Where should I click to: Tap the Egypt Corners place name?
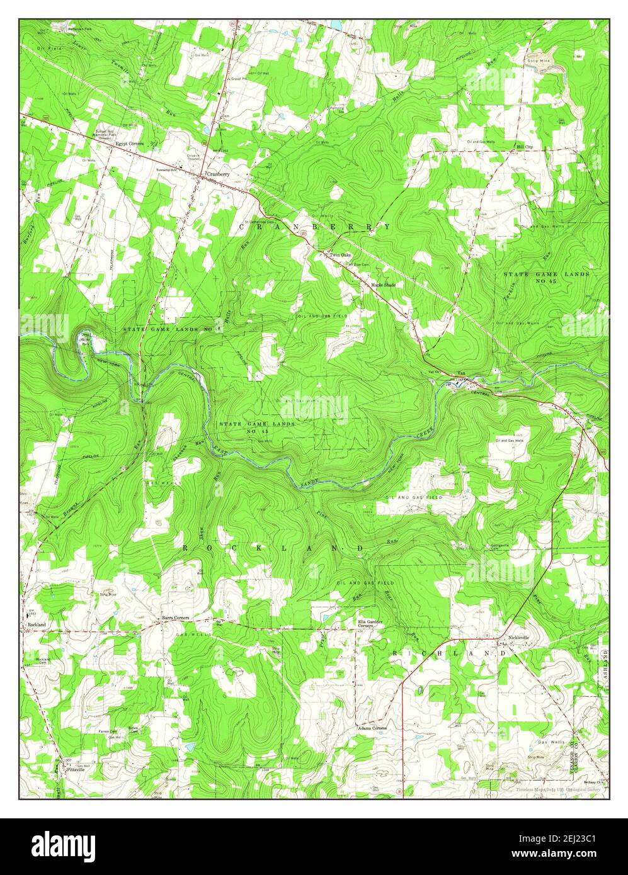tap(130, 144)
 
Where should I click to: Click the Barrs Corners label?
tap(175, 618)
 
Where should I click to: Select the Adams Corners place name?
tap(372, 728)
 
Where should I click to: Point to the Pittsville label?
tap(74, 769)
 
